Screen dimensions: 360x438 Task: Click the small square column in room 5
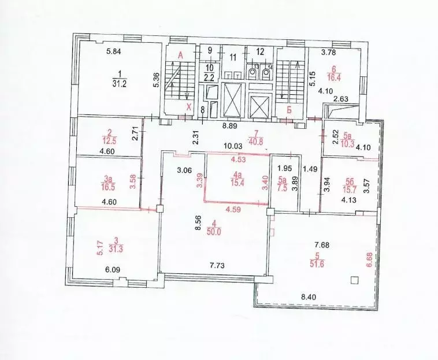[355, 280]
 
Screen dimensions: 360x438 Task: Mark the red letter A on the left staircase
[180, 55]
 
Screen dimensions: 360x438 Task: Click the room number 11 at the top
[233, 57]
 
